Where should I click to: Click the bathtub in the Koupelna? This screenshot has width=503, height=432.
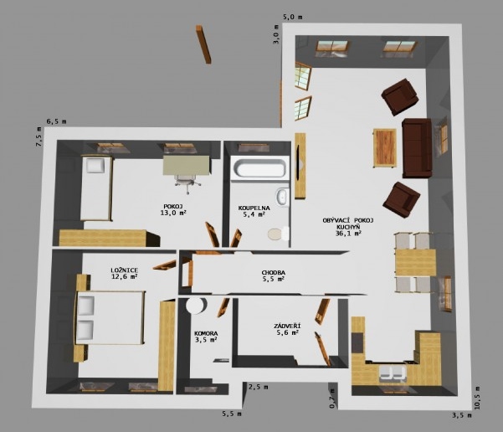259,167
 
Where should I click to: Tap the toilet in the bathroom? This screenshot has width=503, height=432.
278,234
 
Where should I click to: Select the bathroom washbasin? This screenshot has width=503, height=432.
283,196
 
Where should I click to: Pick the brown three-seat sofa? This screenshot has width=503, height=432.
417,147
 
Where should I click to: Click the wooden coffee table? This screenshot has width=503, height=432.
385,148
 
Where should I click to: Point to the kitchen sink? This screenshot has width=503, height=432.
393,374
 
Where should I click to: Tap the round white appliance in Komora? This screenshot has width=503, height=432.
197,306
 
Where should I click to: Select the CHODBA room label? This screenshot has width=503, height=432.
274,272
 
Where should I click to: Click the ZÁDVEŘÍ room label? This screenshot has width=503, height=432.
287,326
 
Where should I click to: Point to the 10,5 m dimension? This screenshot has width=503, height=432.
477,398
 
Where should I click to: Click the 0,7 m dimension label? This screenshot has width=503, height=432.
332,399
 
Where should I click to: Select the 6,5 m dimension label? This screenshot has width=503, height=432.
56,121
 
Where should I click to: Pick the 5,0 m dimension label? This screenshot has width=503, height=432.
292,17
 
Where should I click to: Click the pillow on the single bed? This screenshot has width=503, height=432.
95,166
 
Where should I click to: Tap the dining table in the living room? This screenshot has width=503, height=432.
415,263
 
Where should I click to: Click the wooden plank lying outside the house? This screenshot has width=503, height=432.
203,44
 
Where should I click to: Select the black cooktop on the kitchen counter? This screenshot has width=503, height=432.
358,342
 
